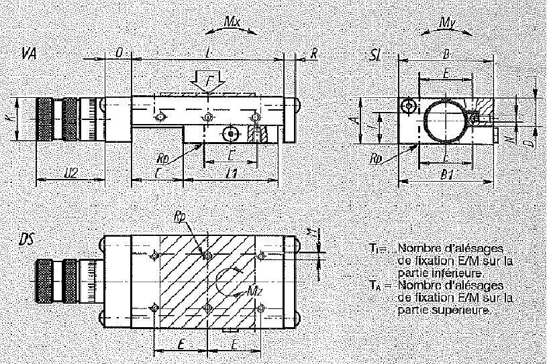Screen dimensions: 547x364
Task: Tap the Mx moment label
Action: (x=232, y=21)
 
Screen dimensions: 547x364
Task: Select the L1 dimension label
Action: (x=232, y=174)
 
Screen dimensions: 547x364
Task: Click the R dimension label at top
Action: (x=314, y=53)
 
